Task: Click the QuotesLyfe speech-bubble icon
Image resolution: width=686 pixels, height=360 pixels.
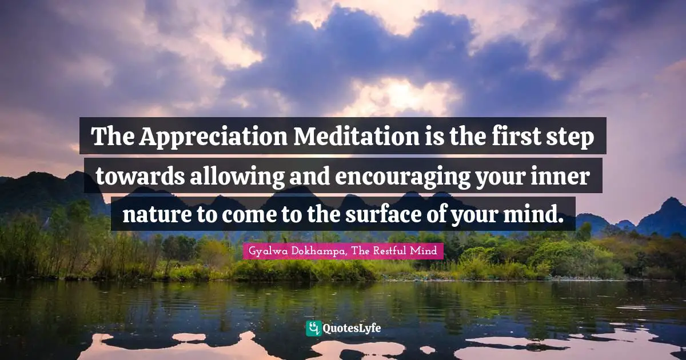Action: coord(313,329)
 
